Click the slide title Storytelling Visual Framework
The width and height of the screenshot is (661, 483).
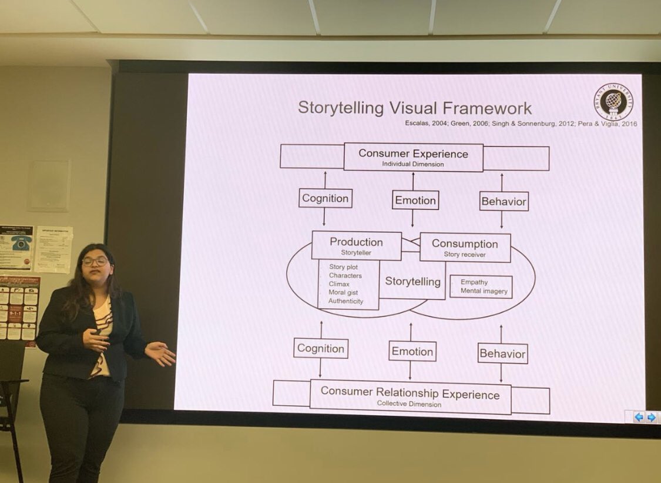pyautogui.click(x=414, y=108)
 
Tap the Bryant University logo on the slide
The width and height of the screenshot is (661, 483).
pyautogui.click(x=613, y=100)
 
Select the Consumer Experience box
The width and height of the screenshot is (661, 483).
pyautogui.click(x=413, y=157)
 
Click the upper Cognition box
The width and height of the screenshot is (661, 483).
pyautogui.click(x=325, y=199)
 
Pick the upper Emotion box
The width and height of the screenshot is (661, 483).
pyautogui.click(x=415, y=201)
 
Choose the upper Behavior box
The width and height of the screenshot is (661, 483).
pyautogui.click(x=504, y=202)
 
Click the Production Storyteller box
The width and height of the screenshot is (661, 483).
pyautogui.click(x=356, y=245)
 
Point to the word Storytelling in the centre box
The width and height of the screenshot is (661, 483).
pyautogui.click(x=412, y=281)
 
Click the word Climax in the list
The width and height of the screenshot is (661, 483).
pyautogui.click(x=339, y=284)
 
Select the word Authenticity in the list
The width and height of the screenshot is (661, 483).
pyautogui.click(x=345, y=301)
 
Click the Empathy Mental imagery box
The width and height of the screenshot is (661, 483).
pyautogui.click(x=481, y=287)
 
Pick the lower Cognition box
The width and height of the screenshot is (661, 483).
pyautogui.click(x=320, y=348)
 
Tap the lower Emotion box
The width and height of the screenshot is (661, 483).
pyautogui.click(x=412, y=352)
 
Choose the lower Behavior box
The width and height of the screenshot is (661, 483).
pyautogui.click(x=502, y=354)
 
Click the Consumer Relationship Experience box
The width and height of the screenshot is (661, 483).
pyautogui.click(x=410, y=397)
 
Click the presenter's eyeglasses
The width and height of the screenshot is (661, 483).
pyautogui.click(x=95, y=261)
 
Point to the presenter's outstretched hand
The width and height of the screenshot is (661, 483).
pyautogui.click(x=160, y=353)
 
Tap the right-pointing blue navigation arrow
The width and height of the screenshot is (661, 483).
pyautogui.click(x=651, y=417)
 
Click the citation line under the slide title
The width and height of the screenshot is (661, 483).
pyautogui.click(x=521, y=124)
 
